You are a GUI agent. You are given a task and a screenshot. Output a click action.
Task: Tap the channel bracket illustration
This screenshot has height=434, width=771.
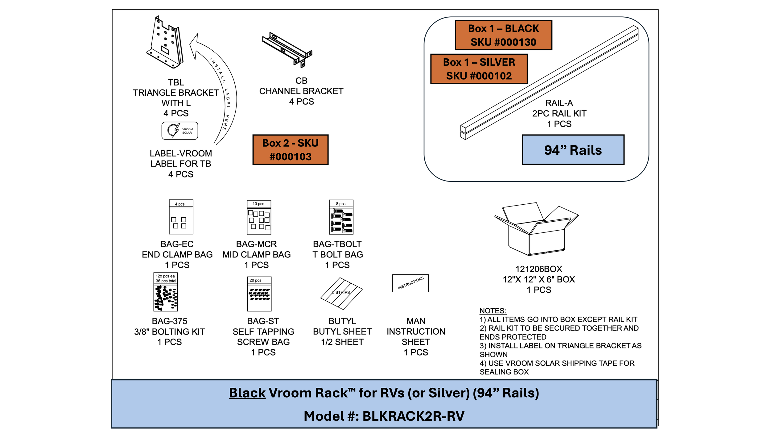(x=287, y=49)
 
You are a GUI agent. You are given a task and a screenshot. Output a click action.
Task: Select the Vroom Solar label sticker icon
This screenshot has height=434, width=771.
(x=180, y=131)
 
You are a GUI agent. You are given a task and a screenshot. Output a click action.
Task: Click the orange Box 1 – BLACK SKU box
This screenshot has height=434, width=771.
(x=503, y=35)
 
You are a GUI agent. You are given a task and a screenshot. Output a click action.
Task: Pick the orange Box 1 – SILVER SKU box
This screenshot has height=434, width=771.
(x=479, y=69)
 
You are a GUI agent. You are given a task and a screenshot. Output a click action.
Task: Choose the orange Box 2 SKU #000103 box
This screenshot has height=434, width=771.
(x=291, y=150)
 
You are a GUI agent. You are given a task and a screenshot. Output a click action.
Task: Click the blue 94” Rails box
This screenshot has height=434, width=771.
(x=573, y=150)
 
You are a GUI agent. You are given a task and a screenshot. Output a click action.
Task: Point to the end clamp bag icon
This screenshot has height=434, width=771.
(x=181, y=217)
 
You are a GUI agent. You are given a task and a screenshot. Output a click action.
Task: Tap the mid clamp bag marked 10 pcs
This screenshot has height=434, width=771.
(x=259, y=217)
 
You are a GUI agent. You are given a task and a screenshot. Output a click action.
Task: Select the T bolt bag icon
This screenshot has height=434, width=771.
(x=341, y=217)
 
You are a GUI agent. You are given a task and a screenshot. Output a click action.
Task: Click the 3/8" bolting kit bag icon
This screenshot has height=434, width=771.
(x=166, y=292)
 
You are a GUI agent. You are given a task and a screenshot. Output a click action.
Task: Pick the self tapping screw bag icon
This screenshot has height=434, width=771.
(x=259, y=294)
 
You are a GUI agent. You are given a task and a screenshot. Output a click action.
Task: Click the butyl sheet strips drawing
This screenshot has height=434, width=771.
(x=341, y=294)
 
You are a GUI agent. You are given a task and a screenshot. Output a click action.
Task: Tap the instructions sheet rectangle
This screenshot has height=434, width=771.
(x=410, y=283)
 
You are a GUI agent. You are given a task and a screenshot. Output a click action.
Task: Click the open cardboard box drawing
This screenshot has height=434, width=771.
(x=537, y=229)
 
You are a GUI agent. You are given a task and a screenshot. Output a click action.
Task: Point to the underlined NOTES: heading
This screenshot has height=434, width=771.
(x=493, y=311)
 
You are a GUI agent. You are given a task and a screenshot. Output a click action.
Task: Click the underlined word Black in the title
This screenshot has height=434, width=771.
(x=247, y=393)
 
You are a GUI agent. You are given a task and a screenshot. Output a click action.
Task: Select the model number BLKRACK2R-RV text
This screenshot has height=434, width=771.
(x=413, y=416)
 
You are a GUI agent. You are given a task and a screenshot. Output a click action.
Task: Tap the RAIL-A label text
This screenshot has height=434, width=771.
(x=559, y=103)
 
